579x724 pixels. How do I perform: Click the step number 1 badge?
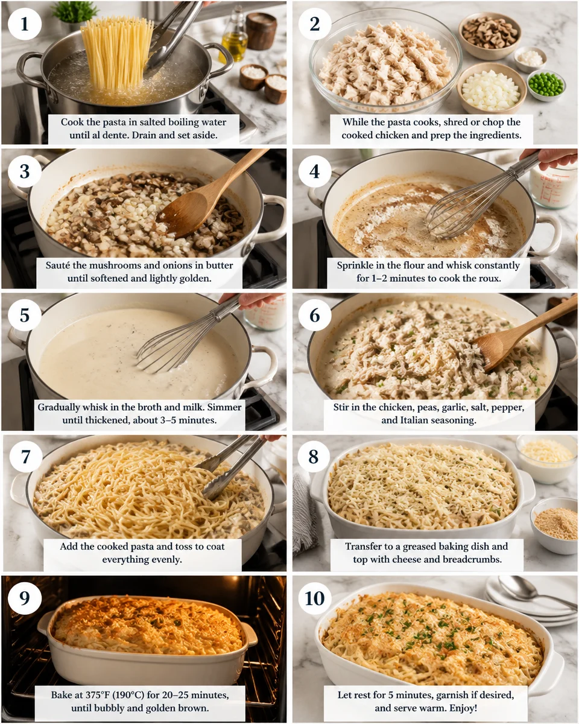25,24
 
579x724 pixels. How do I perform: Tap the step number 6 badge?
315,314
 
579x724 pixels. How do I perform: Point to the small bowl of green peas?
546,84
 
